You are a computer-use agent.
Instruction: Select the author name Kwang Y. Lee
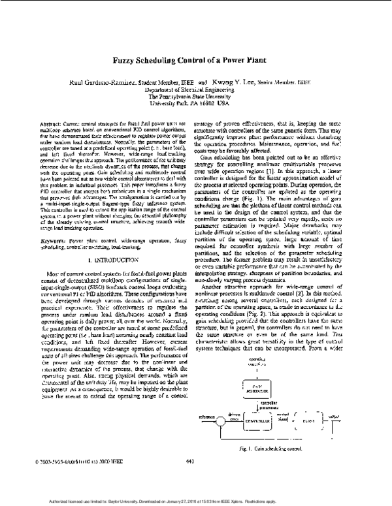240,84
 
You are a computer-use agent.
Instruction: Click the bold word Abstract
51,123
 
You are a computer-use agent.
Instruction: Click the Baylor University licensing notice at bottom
195,501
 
